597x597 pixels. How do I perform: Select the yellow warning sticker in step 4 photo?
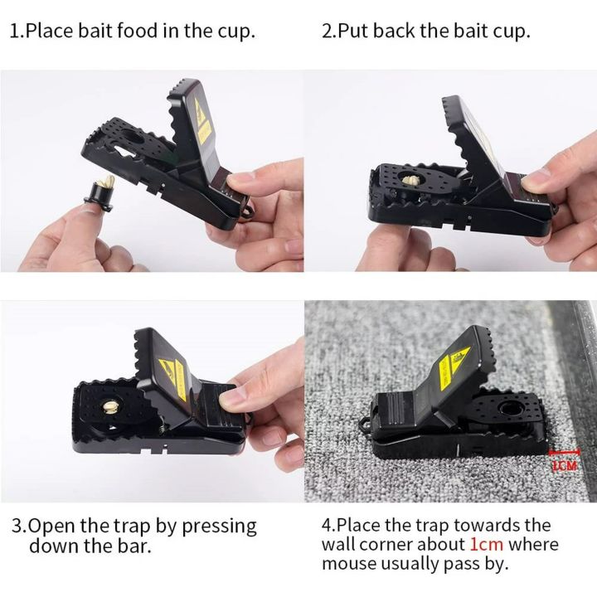pos(459,360)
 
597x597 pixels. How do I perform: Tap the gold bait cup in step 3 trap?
pos(110,405)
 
